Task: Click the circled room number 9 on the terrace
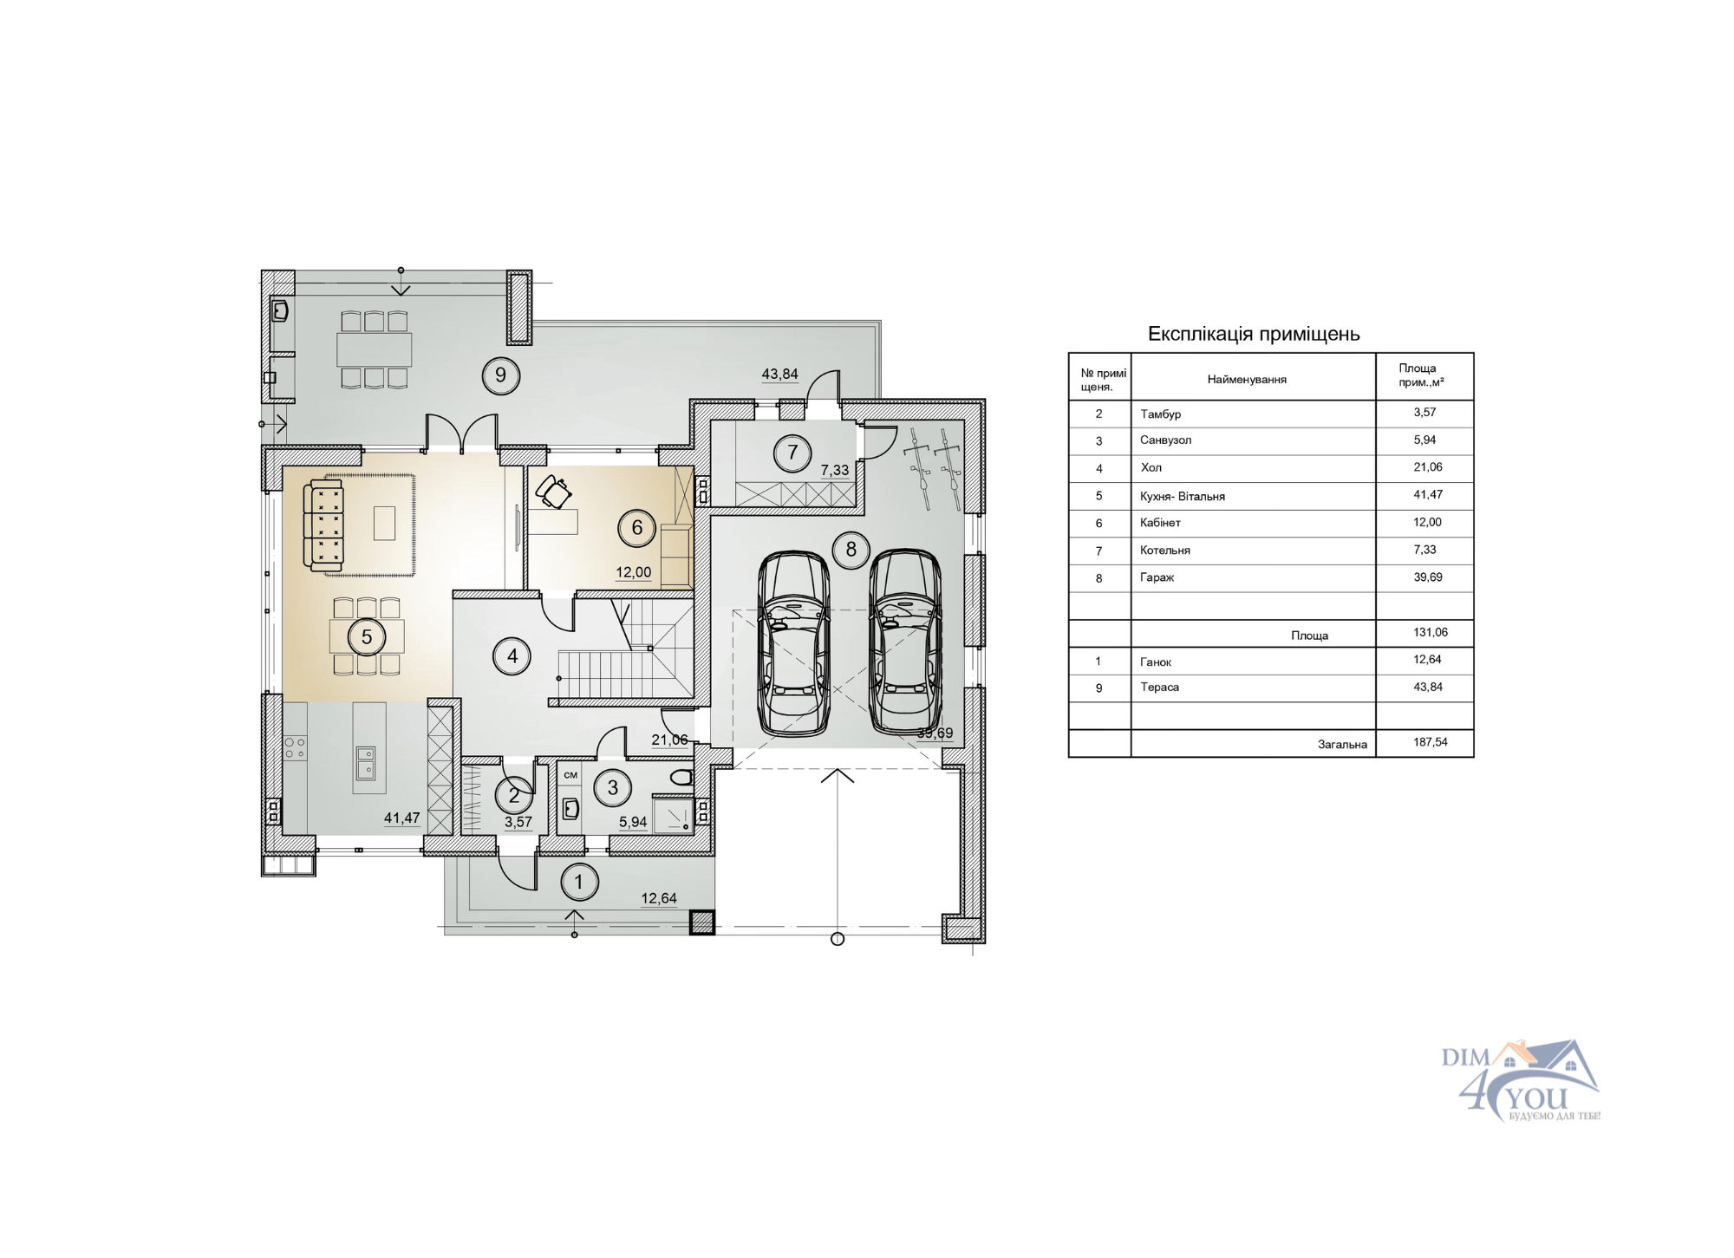pyautogui.click(x=500, y=375)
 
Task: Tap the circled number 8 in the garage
pyautogui.click(x=851, y=550)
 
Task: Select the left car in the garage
pyautogui.click(x=794, y=644)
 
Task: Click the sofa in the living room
pyautogui.click(x=323, y=525)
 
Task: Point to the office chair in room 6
pyautogui.click(x=553, y=492)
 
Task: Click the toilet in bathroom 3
pyautogui.click(x=681, y=776)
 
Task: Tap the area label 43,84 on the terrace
pyautogui.click(x=779, y=375)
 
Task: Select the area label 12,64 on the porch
pyautogui.click(x=659, y=898)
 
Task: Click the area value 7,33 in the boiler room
pyautogui.click(x=835, y=470)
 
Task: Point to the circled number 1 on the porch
pyautogui.click(x=579, y=883)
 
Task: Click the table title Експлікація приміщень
pyautogui.click(x=1254, y=334)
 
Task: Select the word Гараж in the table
pyautogui.click(x=1157, y=577)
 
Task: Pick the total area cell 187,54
pyautogui.click(x=1431, y=742)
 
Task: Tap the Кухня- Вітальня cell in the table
pyautogui.click(x=1183, y=496)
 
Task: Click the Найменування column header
pyautogui.click(x=1247, y=380)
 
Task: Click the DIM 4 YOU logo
pyautogui.click(x=1521, y=1080)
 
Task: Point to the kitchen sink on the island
pyautogui.click(x=365, y=763)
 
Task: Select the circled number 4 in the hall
pyautogui.click(x=512, y=656)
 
